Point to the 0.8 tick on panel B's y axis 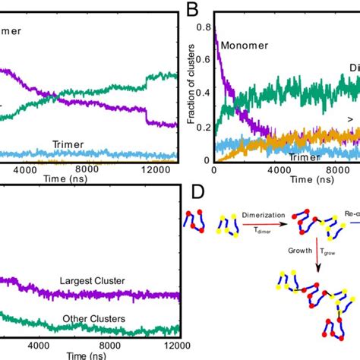tap(204, 27)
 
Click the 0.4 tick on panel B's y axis tap(204, 93)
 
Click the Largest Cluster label tap(92, 281)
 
